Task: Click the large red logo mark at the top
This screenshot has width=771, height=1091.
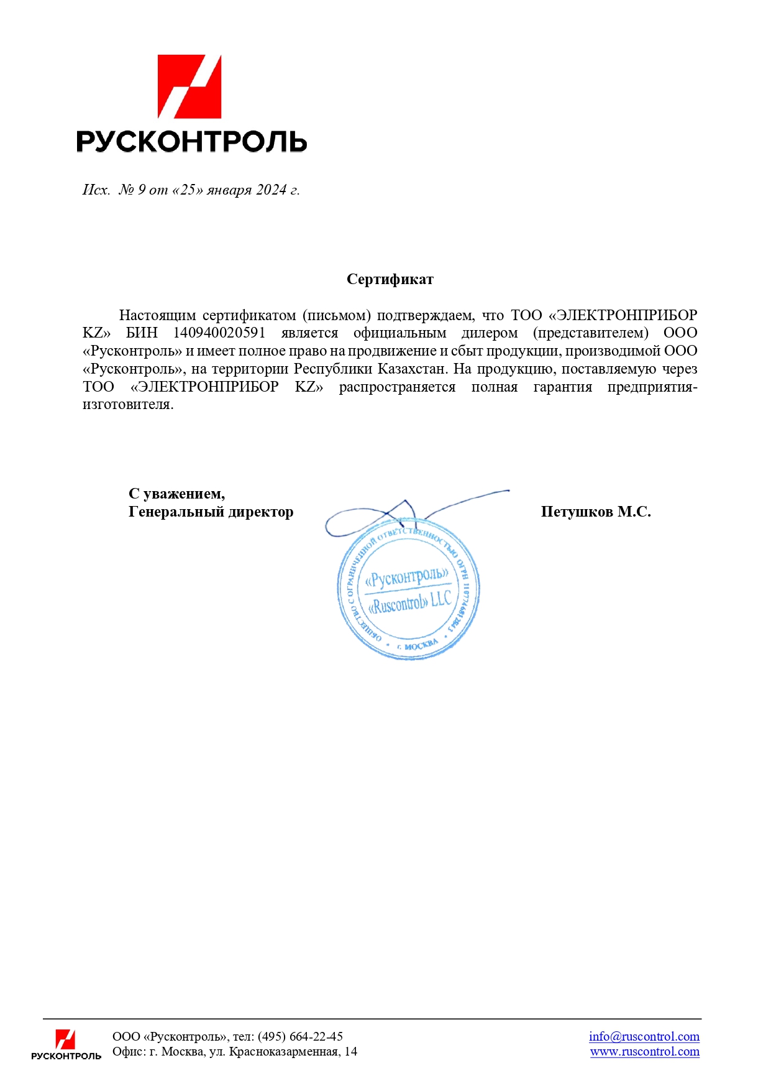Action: tap(189, 86)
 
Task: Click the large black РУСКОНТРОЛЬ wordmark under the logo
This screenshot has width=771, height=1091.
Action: tap(191, 142)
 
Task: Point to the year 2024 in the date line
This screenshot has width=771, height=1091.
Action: tap(271, 190)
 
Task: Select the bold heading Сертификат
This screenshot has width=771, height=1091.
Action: tap(390, 280)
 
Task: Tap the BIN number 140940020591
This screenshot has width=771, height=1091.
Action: tap(219, 333)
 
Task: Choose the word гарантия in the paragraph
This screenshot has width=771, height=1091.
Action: tap(562, 387)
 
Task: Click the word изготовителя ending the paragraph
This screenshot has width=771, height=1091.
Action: tap(127, 405)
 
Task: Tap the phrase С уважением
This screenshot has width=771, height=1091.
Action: tap(176, 494)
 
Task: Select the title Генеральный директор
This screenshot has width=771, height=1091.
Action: tap(211, 512)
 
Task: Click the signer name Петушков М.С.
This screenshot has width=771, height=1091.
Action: tap(595, 512)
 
